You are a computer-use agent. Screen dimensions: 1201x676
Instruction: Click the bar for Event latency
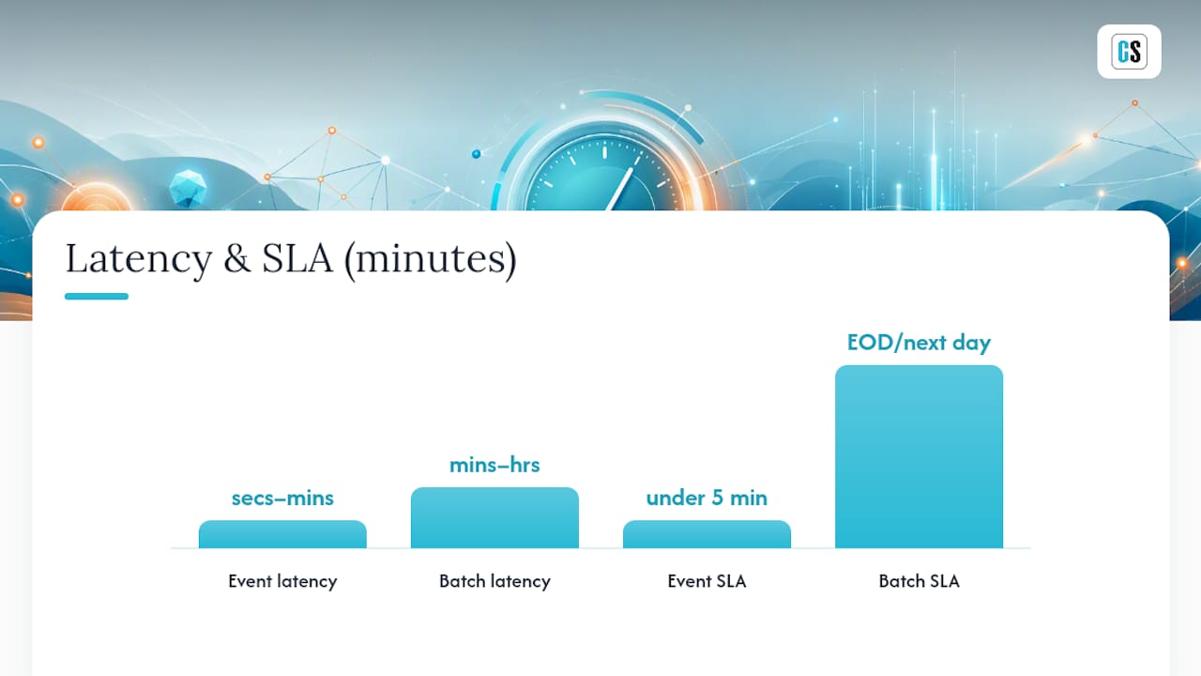pyautogui.click(x=282, y=534)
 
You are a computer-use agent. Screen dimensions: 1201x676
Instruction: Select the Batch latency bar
pyautogui.click(x=494, y=517)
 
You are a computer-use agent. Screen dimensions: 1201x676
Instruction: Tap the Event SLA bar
pyautogui.click(x=707, y=534)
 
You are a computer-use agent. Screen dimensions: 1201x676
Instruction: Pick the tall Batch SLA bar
pyautogui.click(x=919, y=456)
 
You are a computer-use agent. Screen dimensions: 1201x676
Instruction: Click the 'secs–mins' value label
pyautogui.click(x=282, y=499)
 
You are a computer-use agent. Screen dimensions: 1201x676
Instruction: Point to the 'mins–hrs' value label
pyautogui.click(x=494, y=465)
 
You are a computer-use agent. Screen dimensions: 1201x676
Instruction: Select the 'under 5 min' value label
pyautogui.click(x=707, y=499)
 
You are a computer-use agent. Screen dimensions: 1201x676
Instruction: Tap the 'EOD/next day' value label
pyautogui.click(x=919, y=344)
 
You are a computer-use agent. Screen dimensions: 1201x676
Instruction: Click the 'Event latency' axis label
pyautogui.click(x=282, y=581)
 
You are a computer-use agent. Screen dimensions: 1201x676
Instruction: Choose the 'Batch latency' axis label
pyautogui.click(x=494, y=581)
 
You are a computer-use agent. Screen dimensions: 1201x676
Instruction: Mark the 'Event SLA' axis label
pyautogui.click(x=707, y=581)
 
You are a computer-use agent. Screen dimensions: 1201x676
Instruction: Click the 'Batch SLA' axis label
pyautogui.click(x=919, y=581)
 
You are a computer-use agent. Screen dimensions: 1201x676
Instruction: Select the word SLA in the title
pyautogui.click(x=297, y=258)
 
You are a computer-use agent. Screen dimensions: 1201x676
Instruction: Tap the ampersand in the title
pyautogui.click(x=237, y=258)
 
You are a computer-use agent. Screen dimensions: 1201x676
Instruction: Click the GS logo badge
pyautogui.click(x=1129, y=52)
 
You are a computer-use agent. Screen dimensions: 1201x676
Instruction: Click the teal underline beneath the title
pyautogui.click(x=97, y=296)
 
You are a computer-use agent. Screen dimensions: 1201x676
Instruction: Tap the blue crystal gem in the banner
pyautogui.click(x=188, y=189)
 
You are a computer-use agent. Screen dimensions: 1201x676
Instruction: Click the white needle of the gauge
pyautogui.click(x=620, y=190)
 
